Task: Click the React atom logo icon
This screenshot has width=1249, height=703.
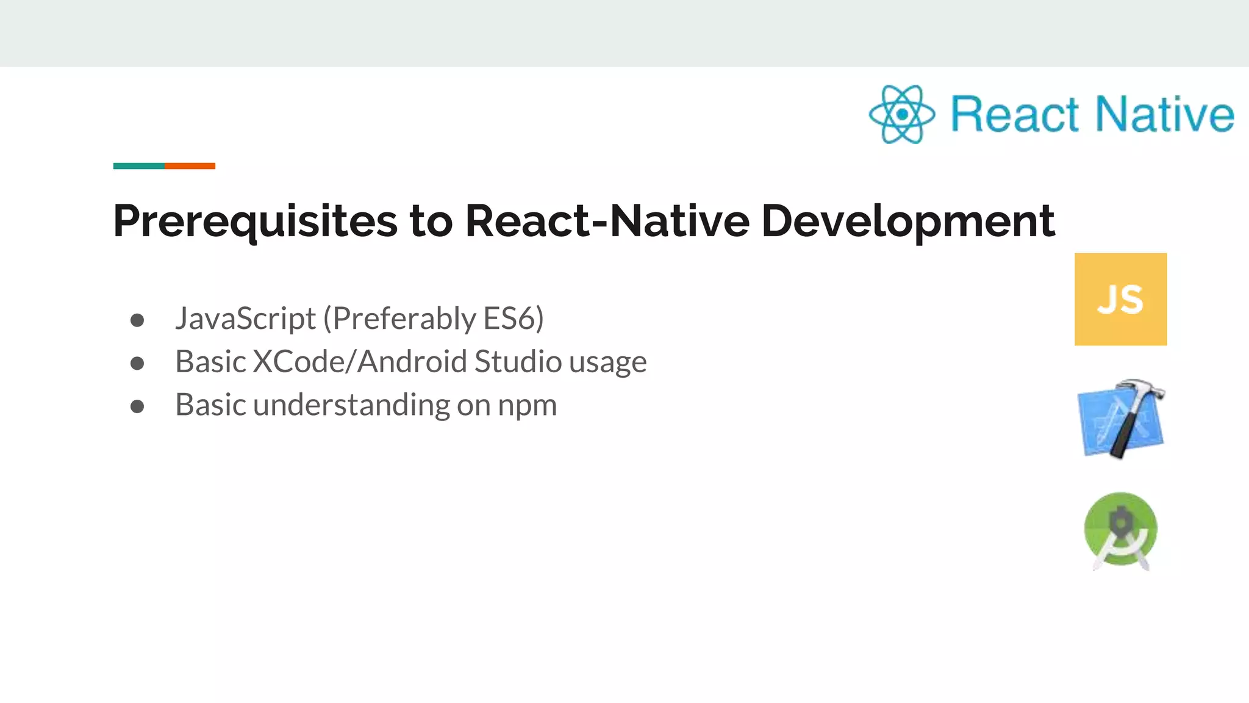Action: coord(901,114)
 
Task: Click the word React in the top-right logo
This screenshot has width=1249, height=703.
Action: coord(1015,114)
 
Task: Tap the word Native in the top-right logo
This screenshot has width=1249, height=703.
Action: coord(1164,114)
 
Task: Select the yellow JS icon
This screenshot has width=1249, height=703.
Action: coord(1120,299)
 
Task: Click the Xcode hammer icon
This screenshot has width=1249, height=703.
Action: coord(1121,419)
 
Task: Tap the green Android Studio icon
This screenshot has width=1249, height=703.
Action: coord(1121,530)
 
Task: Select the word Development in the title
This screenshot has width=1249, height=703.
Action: coord(908,221)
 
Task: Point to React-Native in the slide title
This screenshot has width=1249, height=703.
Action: coord(607,221)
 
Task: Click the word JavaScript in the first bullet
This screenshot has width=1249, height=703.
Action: coord(245,319)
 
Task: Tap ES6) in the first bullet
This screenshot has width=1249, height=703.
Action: coord(513,319)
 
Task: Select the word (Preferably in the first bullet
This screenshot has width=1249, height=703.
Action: coord(399,319)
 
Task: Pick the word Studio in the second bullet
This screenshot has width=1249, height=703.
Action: coord(518,361)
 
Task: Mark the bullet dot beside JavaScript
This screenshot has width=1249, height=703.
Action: coord(137,320)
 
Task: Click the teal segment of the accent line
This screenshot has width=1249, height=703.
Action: coord(138,166)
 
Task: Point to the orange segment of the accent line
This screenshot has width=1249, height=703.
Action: coord(190,166)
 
